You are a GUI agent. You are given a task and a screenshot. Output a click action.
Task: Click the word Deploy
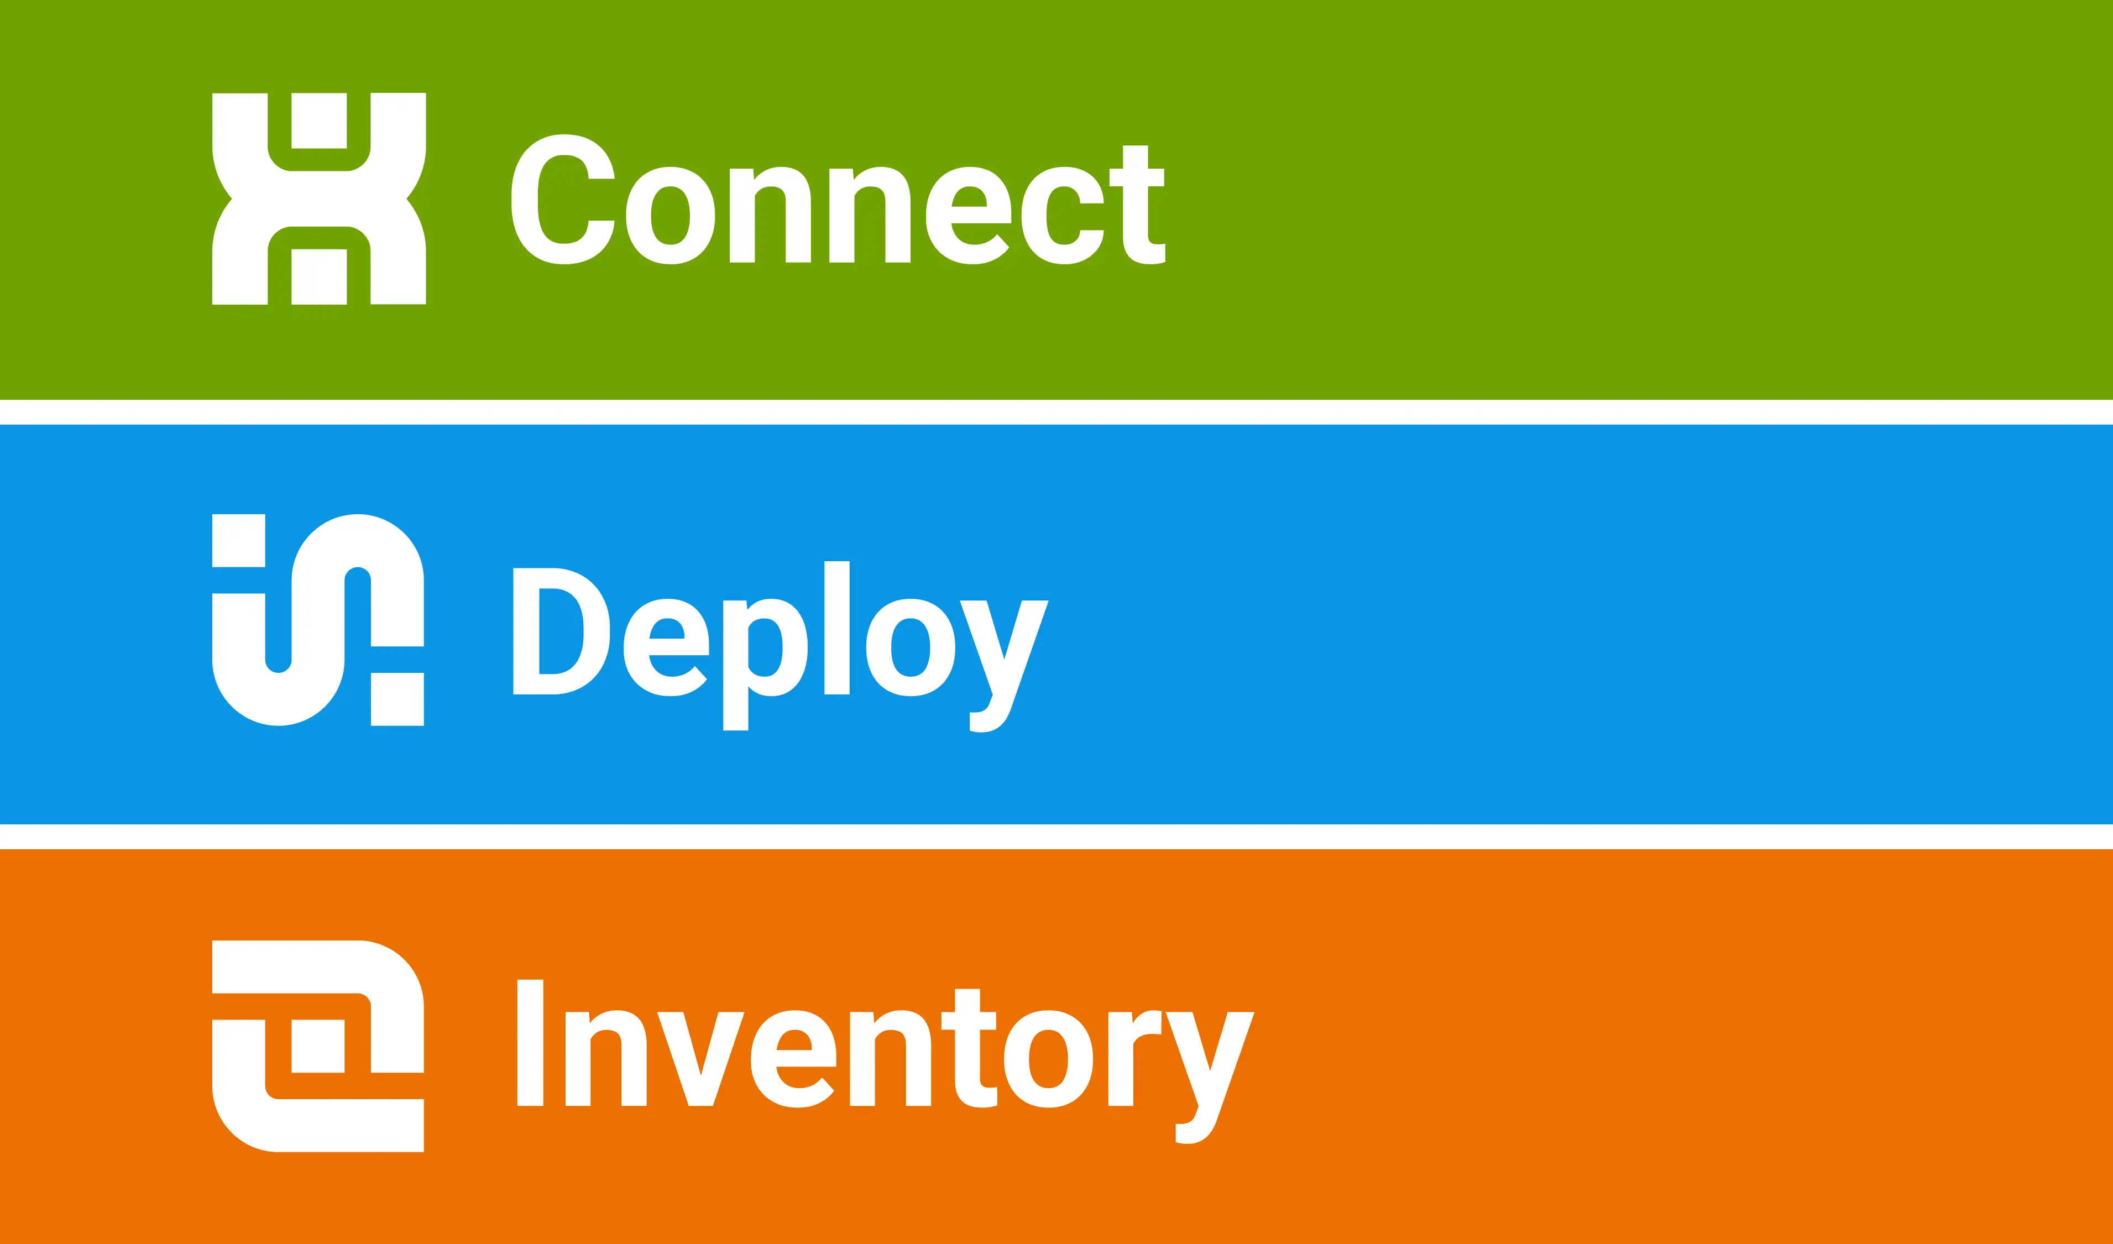point(780,645)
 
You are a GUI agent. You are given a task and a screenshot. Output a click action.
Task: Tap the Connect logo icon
point(318,198)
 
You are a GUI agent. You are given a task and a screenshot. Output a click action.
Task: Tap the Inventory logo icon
point(318,1046)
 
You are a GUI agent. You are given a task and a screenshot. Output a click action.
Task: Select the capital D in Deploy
point(560,631)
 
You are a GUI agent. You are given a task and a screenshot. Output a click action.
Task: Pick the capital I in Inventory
point(530,1043)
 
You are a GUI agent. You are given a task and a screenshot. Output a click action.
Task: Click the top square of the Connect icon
point(318,121)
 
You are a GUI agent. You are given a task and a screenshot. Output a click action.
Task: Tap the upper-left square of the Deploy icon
point(238,541)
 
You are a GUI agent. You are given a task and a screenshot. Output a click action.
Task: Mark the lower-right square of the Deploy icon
point(398,699)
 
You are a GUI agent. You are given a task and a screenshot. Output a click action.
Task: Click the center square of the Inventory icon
point(318,1046)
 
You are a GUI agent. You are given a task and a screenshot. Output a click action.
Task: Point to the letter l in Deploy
point(837,628)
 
